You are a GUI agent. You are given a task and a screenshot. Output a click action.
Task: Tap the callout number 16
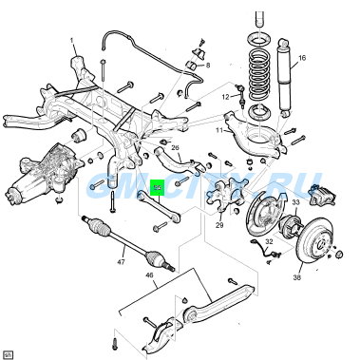pyautogui.click(x=302, y=58)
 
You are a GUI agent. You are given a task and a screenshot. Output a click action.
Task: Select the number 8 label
pyautogui.click(x=209, y=64)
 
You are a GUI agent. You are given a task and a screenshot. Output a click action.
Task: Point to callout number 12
pyautogui.click(x=227, y=97)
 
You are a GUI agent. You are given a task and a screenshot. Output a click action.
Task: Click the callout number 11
pyautogui.click(x=218, y=129)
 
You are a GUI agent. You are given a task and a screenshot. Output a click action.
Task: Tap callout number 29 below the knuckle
pyautogui.click(x=219, y=225)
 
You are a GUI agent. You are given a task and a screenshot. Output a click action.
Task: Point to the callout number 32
pyautogui.click(x=269, y=242)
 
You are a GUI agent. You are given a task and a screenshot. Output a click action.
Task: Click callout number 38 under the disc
pyautogui.click(x=297, y=278)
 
